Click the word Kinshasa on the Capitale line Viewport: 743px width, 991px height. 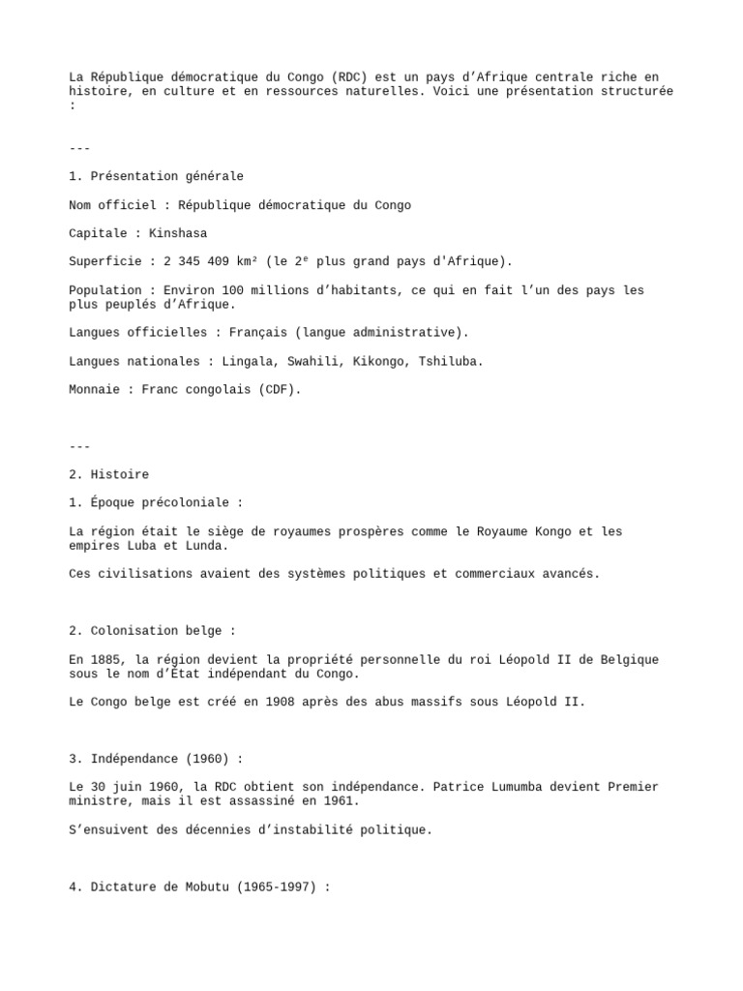pos(178,233)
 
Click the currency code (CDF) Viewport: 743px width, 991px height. pos(277,390)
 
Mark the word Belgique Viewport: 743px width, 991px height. pos(626,660)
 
